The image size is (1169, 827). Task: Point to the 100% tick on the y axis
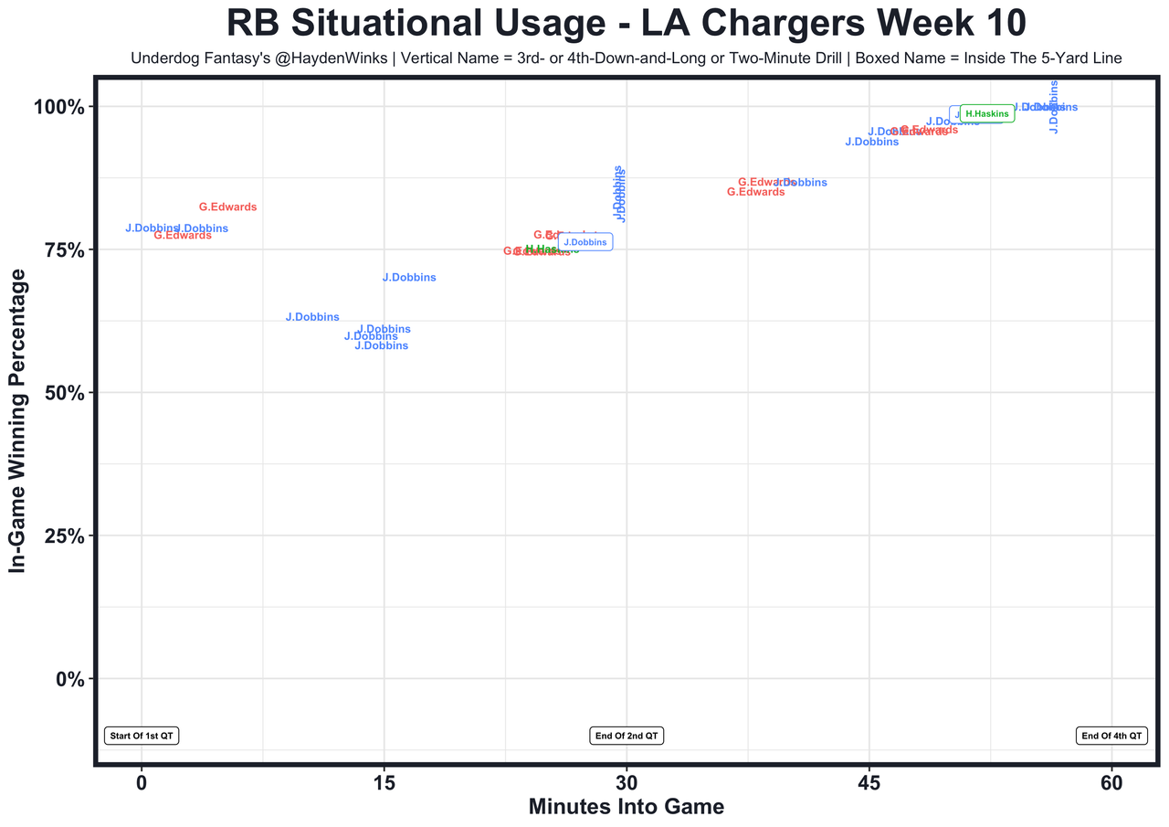click(59, 107)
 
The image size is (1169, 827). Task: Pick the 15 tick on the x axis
click(384, 784)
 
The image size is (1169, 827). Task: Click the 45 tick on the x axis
click(869, 784)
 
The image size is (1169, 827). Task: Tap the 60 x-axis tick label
click(1111, 784)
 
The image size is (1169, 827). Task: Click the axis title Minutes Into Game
click(627, 808)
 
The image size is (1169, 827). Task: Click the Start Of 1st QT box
click(142, 736)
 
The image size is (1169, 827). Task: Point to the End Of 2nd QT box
click(627, 736)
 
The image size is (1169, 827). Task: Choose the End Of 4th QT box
click(1111, 736)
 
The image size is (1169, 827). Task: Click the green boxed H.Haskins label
click(987, 113)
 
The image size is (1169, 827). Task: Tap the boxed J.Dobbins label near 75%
click(584, 242)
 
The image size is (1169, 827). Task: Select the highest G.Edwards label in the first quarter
click(228, 207)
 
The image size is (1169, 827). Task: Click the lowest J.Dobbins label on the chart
click(381, 346)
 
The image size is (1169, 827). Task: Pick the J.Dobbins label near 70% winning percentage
click(409, 278)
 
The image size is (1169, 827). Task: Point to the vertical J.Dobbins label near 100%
click(1053, 107)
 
